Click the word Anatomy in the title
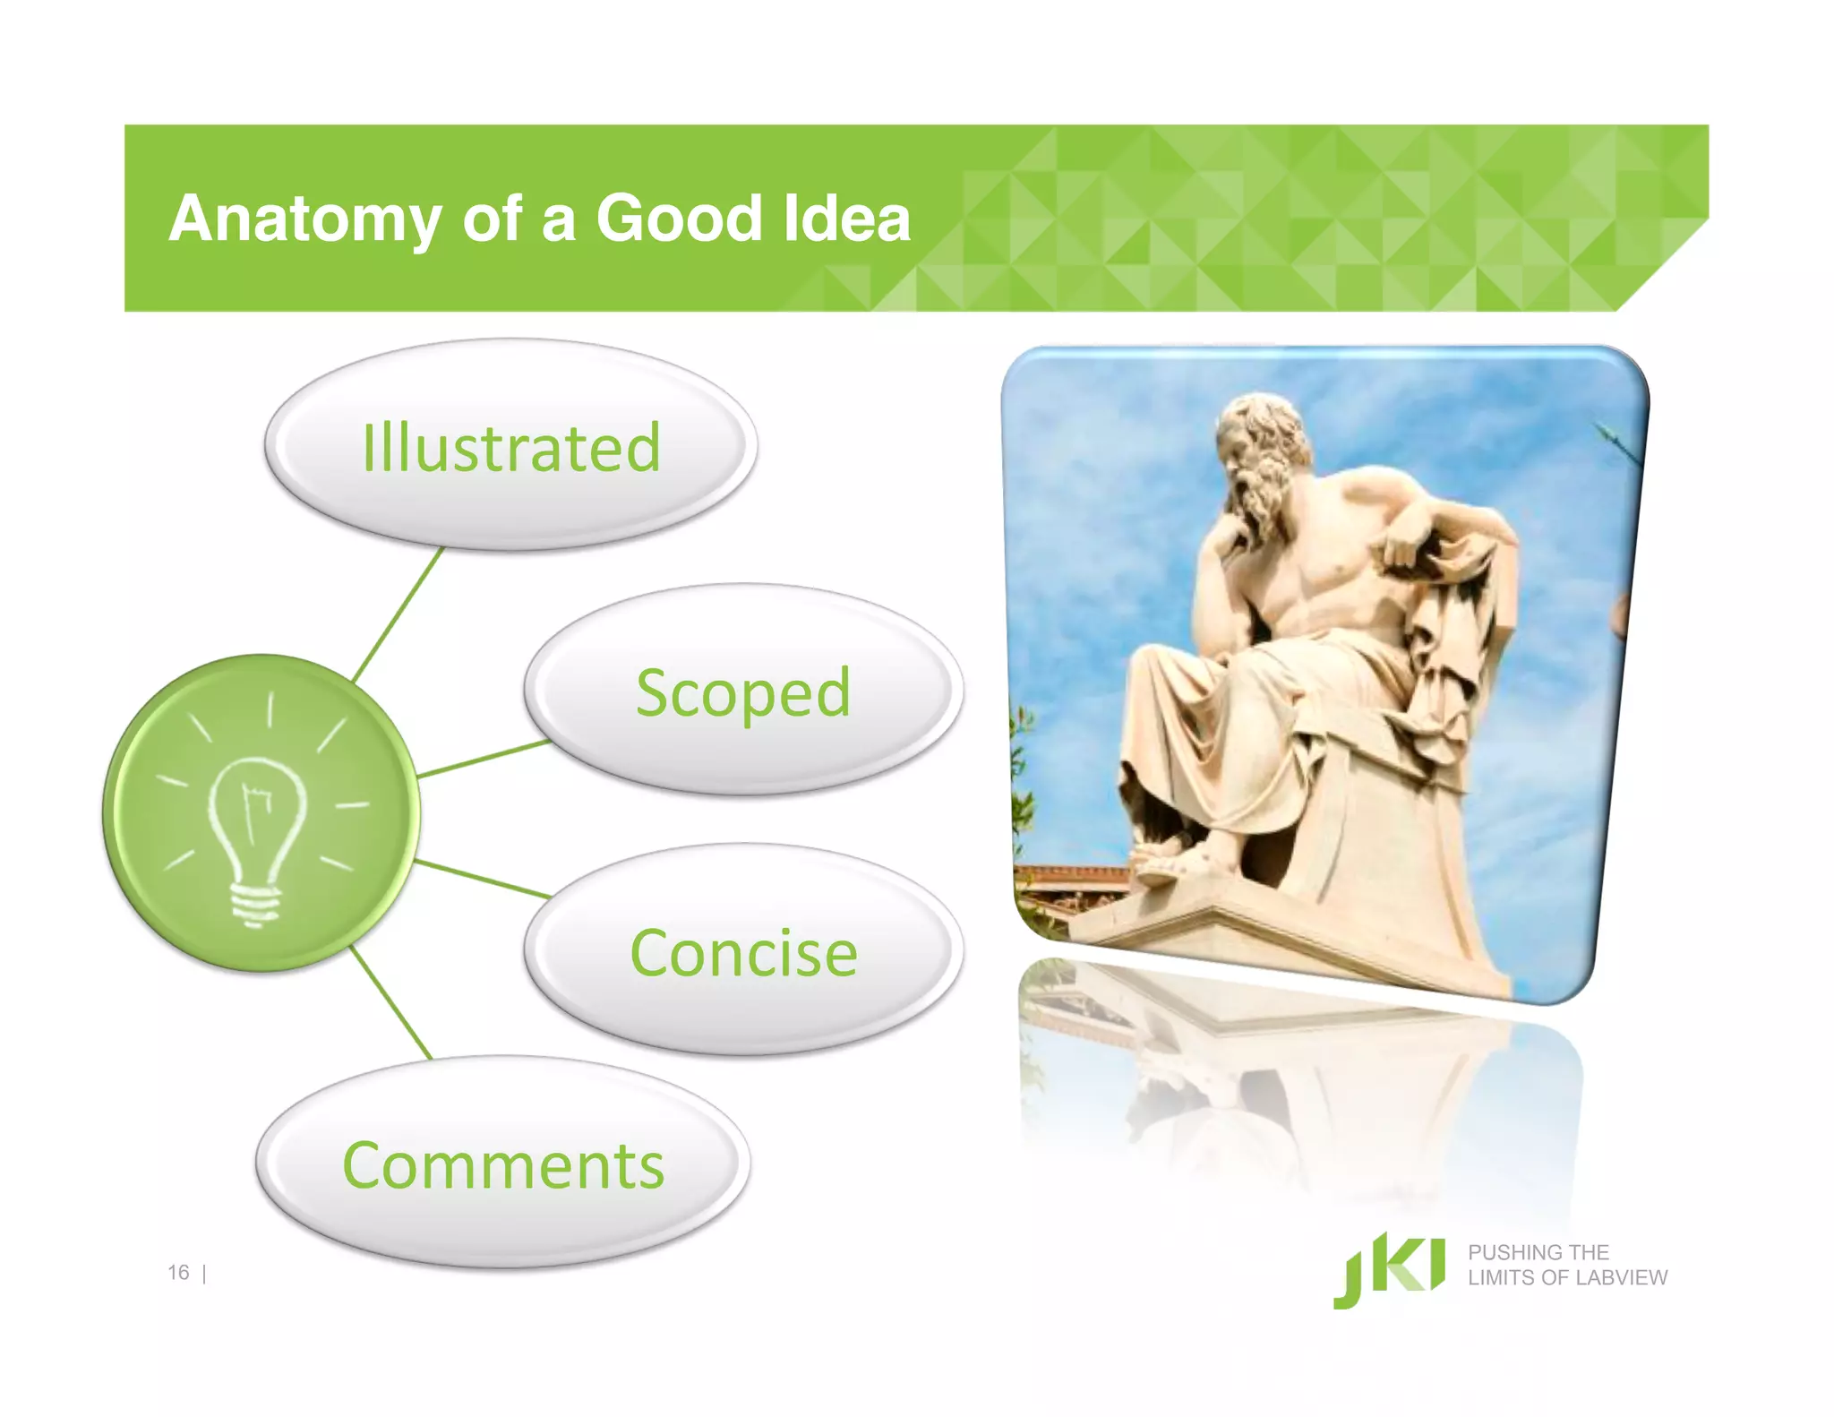[304, 219]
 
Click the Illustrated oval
[510, 445]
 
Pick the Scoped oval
[743, 691]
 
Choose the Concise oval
[743, 951]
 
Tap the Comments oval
[503, 1164]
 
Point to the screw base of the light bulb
[256, 905]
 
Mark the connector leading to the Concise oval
[484, 879]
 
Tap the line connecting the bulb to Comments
[390, 1001]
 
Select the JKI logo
[1388, 1270]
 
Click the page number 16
[178, 1273]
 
